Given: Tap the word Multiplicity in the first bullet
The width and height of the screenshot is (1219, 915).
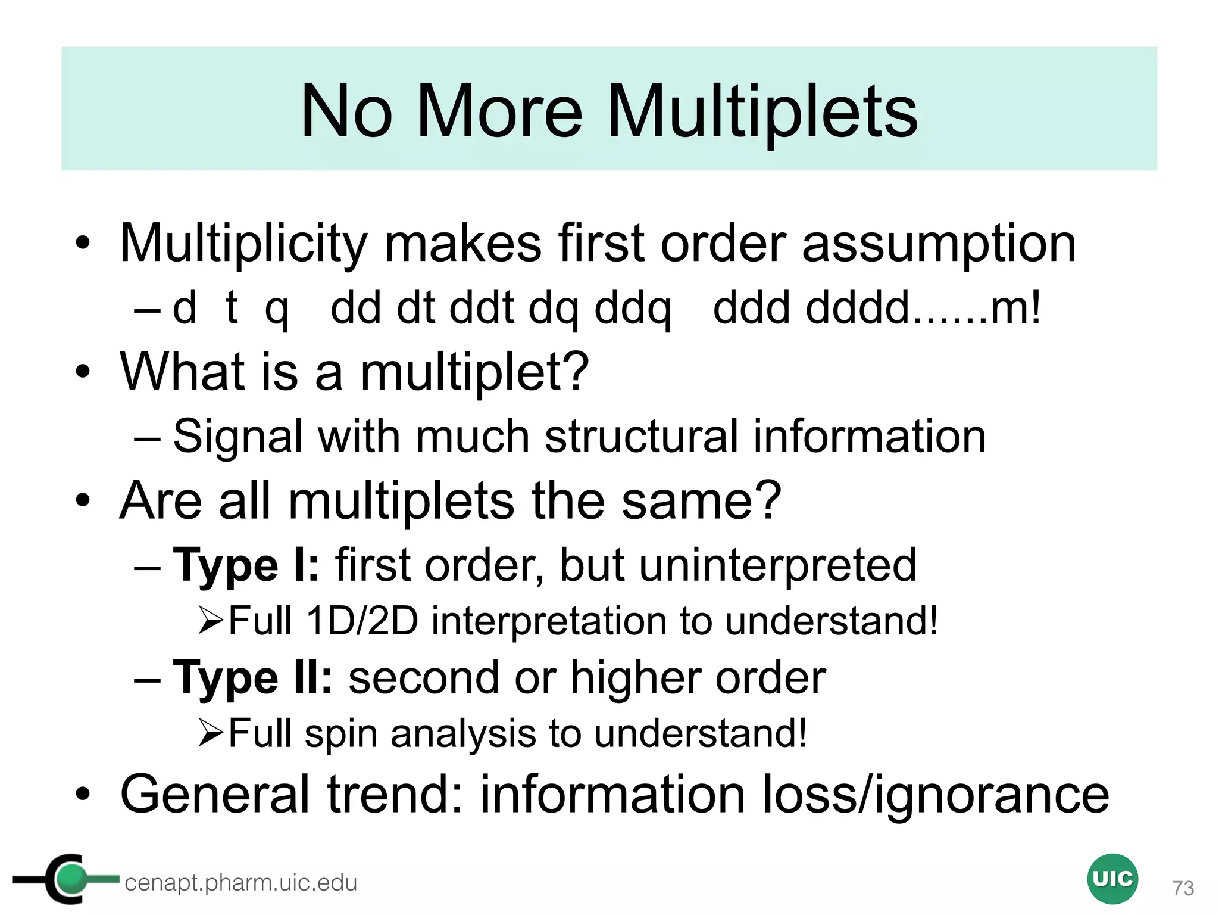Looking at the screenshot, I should (x=243, y=244).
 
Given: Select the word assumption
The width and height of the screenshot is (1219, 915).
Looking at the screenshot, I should (x=939, y=244).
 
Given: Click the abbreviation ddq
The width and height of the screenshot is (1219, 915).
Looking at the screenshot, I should (x=633, y=309).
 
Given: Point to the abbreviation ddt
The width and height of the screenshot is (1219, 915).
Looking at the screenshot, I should (x=482, y=309).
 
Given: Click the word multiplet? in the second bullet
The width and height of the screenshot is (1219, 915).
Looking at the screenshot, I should (x=474, y=372).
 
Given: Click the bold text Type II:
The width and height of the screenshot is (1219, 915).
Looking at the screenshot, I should (x=252, y=678).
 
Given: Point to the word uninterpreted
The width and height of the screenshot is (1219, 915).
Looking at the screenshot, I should (x=777, y=565).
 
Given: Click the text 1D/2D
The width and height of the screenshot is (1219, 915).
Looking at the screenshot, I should (x=362, y=621).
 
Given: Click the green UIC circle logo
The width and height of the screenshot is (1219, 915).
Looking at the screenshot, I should (x=1112, y=879).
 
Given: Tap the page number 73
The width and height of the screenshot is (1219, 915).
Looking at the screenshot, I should (x=1183, y=888).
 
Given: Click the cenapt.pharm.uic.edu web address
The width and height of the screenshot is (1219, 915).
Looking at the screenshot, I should (x=240, y=883).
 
